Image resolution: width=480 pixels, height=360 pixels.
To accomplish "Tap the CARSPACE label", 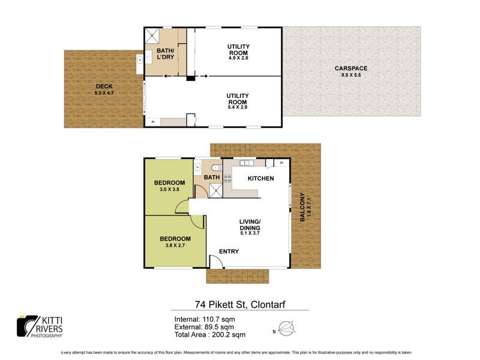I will [351, 68].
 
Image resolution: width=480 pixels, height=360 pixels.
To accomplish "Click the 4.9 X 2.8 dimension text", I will [238, 58].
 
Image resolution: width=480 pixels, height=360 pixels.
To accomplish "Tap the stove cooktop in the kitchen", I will [227, 178].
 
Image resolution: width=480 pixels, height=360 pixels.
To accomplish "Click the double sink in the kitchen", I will [246, 163].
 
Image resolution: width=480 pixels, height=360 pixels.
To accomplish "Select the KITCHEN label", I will [260, 179].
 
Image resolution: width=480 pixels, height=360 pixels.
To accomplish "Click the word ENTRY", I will [229, 251].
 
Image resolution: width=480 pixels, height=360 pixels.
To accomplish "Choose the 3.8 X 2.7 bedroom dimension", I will [175, 245].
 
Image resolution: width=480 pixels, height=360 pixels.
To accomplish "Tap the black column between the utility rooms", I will [190, 77].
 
